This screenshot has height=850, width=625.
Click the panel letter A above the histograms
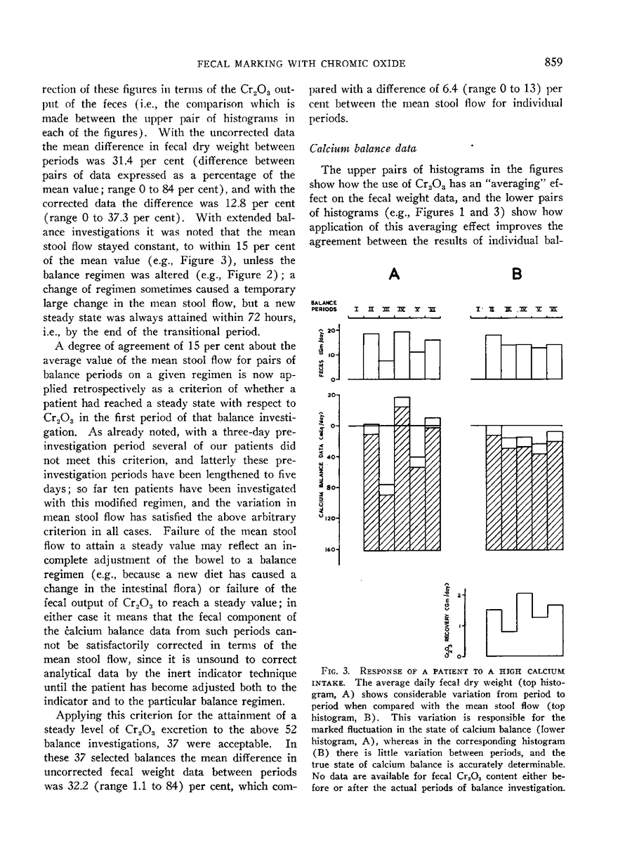click(x=395, y=275)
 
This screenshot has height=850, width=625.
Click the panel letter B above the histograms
click(x=518, y=275)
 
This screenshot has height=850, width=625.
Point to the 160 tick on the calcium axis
click(x=331, y=549)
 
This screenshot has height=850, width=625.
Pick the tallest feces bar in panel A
click(x=402, y=355)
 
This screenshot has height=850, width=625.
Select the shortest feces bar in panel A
click(x=386, y=370)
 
